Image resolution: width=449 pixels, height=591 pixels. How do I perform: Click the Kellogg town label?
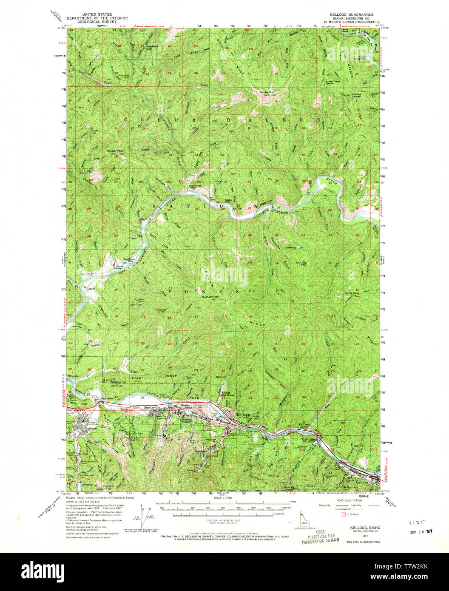pos(243,414)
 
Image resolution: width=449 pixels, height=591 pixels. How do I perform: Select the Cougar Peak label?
pos(115,151)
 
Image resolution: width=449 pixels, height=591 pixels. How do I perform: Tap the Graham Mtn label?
pos(210,296)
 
